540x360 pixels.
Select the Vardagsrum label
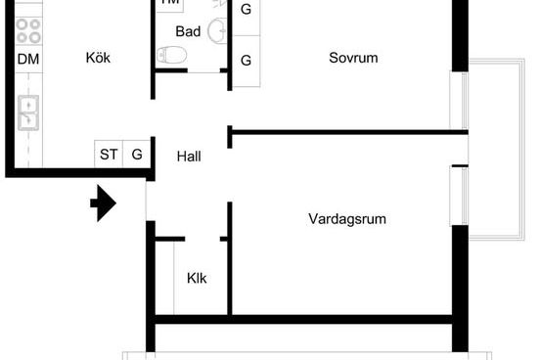(346, 219)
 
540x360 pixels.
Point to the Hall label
(189, 156)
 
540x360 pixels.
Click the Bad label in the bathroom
(188, 32)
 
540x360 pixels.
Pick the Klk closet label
(197, 278)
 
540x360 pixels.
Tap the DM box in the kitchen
(28, 59)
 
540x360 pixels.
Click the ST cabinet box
(108, 154)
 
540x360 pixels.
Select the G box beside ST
(136, 154)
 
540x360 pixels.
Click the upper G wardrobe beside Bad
(246, 10)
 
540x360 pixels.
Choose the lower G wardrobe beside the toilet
(246, 61)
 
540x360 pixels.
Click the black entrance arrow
(103, 204)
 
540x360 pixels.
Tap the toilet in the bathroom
(173, 58)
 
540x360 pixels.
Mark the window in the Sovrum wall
(458, 98)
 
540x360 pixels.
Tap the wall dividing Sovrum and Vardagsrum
(342, 131)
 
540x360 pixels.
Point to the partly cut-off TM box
(170, 3)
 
